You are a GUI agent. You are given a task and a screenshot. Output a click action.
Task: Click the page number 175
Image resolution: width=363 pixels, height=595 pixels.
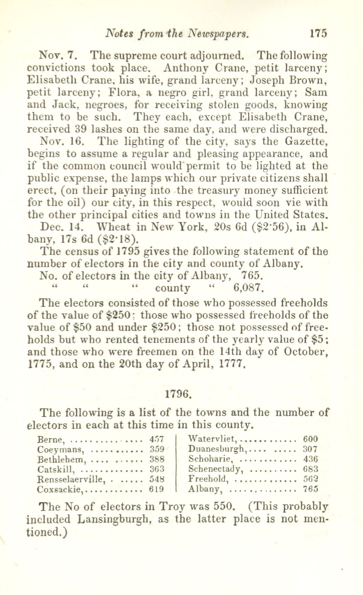pos(318,33)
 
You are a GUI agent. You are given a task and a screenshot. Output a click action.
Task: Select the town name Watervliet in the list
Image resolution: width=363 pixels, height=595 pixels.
pos(212,439)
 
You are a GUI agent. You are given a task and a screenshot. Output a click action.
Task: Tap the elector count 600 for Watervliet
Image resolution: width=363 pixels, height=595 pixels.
pos(310,439)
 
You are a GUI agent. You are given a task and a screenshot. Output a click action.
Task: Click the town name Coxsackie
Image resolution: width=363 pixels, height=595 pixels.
pos(60,489)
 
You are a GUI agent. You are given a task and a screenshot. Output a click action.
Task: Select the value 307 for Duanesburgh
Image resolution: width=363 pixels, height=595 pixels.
pos(310,449)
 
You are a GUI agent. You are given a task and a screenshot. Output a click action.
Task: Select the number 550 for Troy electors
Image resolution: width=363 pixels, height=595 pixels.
pos(223,506)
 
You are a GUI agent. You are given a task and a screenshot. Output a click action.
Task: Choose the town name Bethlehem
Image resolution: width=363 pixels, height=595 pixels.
pos(60,459)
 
